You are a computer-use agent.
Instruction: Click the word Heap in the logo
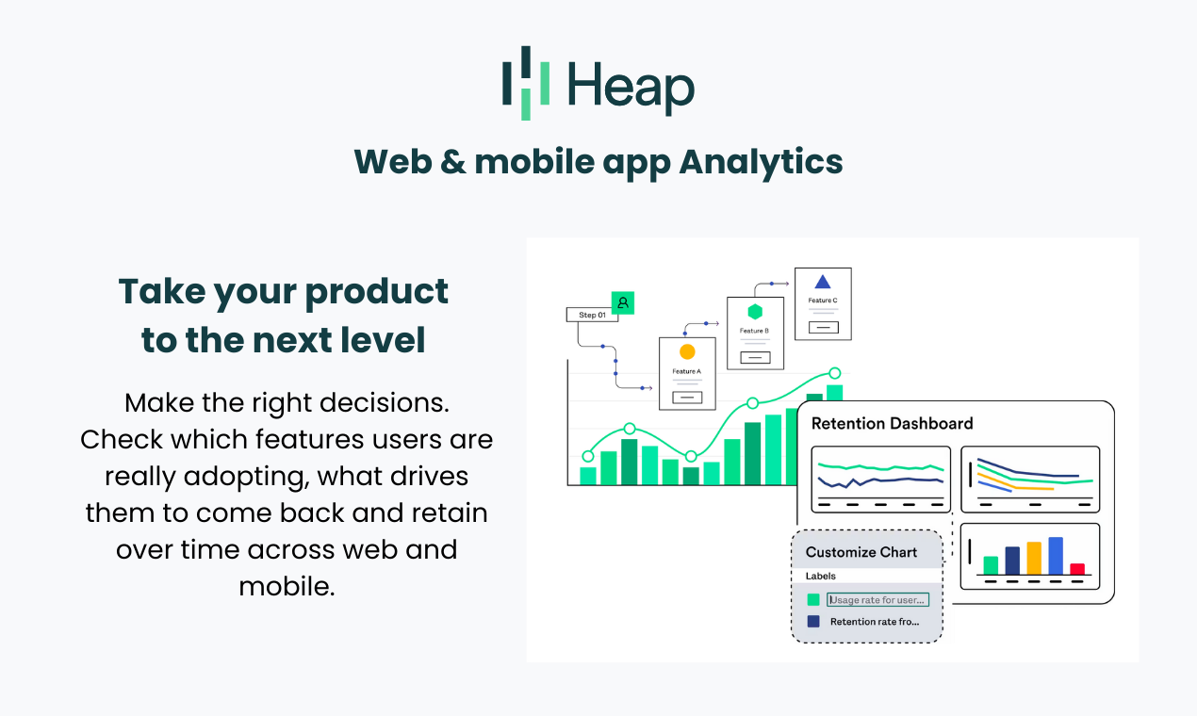point(631,87)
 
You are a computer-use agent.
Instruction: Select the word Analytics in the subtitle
point(761,162)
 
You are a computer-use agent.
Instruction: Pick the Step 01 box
point(592,315)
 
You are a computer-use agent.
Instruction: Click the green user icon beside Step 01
point(623,302)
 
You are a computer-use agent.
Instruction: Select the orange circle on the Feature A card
point(687,351)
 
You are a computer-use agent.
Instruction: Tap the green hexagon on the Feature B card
point(755,312)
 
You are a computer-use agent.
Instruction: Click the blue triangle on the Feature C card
point(823,282)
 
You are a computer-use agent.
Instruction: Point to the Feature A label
point(686,371)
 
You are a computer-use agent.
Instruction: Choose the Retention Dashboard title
point(892,424)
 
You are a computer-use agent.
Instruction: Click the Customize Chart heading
point(861,552)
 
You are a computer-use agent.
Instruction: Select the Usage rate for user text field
point(877,600)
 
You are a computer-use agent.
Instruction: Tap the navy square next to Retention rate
point(813,622)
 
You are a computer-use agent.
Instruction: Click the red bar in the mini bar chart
point(1077,569)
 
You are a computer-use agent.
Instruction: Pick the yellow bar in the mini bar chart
point(1034,559)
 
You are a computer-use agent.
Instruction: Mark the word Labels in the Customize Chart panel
point(820,576)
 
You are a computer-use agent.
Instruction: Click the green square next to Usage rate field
point(813,600)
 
